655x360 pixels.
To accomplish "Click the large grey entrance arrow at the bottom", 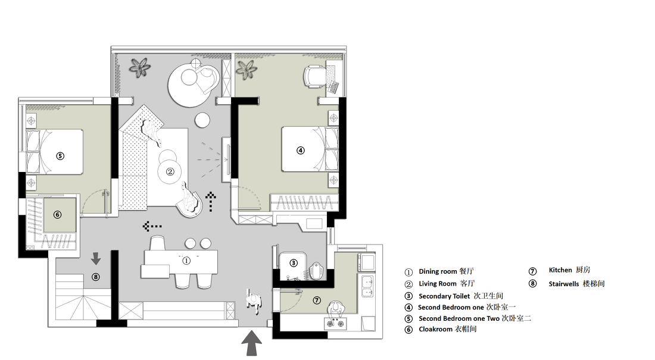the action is [251, 343].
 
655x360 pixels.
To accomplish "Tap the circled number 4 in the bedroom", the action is [300, 151].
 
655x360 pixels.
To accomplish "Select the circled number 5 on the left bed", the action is [60, 156].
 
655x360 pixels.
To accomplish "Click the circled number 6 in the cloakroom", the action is [58, 215].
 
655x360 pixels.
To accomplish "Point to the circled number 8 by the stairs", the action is [96, 277].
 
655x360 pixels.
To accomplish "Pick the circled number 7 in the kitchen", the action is [317, 300].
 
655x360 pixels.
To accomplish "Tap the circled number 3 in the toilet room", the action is [294, 262].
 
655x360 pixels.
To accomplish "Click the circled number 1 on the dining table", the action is [186, 261].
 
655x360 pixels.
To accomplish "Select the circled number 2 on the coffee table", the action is [170, 171].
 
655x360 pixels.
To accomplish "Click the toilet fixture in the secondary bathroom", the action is [316, 271].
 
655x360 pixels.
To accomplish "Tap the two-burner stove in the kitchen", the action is [335, 323].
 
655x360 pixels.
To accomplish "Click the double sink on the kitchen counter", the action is [367, 286].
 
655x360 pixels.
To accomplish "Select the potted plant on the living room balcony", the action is [139, 67].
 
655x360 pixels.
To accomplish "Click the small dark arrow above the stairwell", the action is [96, 258].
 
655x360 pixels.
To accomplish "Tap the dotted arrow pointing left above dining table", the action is [152, 226].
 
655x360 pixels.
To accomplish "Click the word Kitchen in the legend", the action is [560, 270].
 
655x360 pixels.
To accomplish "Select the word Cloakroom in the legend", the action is [436, 329].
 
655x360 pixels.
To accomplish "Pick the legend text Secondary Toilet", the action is [444, 296].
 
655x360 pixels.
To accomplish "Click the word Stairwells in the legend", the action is [563, 284].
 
